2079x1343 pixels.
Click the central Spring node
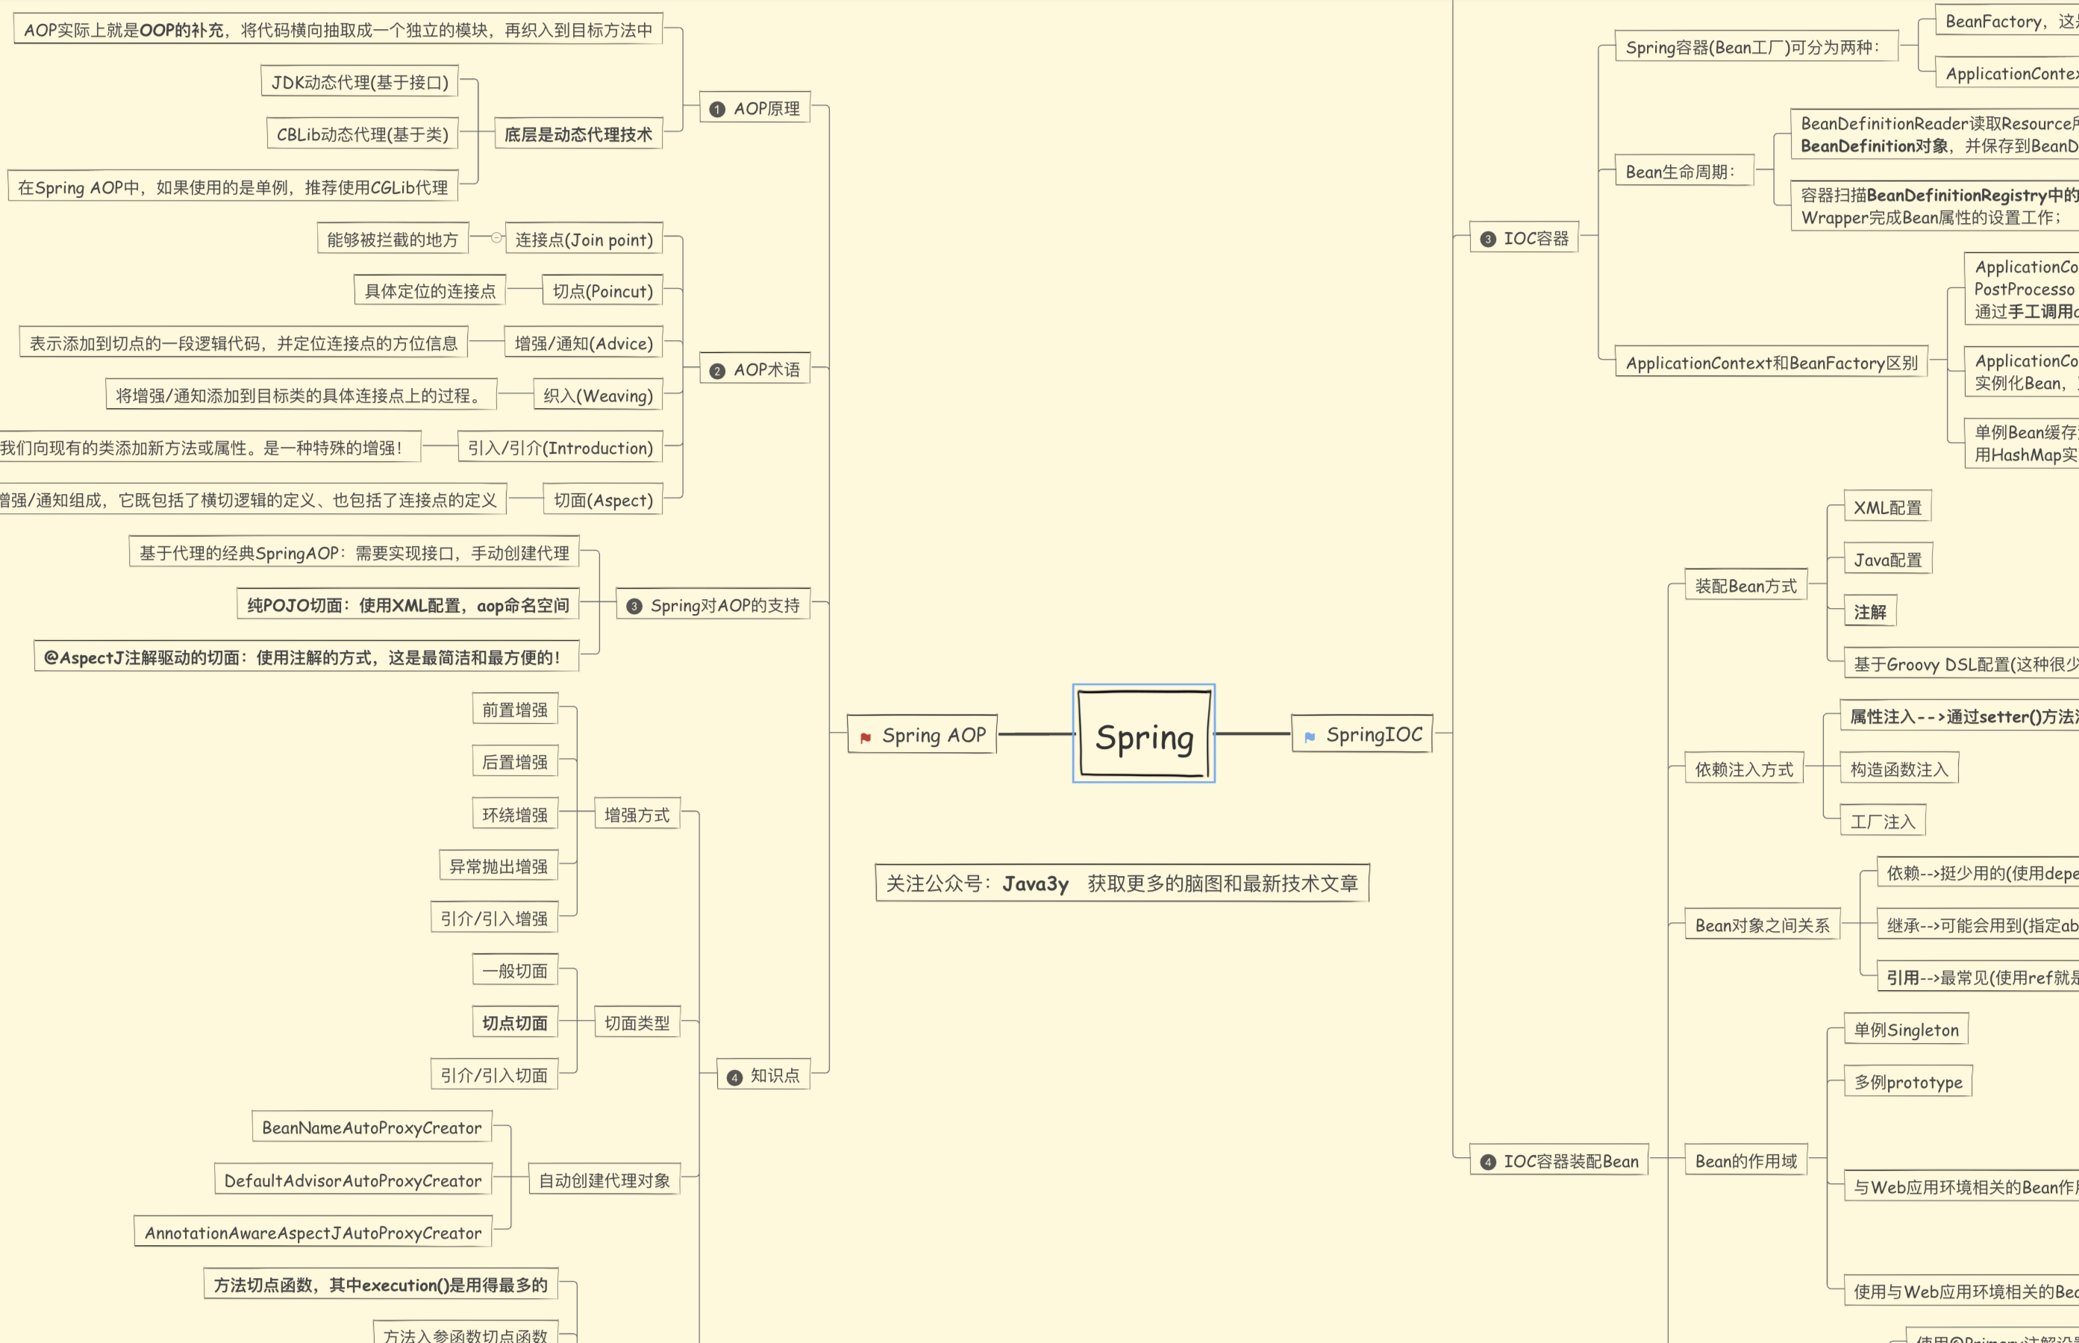[1143, 734]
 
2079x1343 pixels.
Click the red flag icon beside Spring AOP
[865, 738]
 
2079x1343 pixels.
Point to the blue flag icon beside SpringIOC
[1309, 738]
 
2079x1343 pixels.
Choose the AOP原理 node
[755, 108]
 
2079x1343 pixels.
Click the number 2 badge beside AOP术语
[717, 372]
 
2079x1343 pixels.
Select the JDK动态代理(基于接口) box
[359, 82]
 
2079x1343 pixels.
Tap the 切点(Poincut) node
[601, 291]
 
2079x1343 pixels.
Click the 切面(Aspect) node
[603, 501]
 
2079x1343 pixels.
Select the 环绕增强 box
[514, 815]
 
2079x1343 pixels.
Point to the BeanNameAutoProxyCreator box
[372, 1127]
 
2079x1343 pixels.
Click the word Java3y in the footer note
[1035, 884]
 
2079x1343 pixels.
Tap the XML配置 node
[1887, 507]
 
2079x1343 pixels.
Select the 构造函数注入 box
[1898, 769]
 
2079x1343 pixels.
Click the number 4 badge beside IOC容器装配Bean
[1488, 1162]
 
